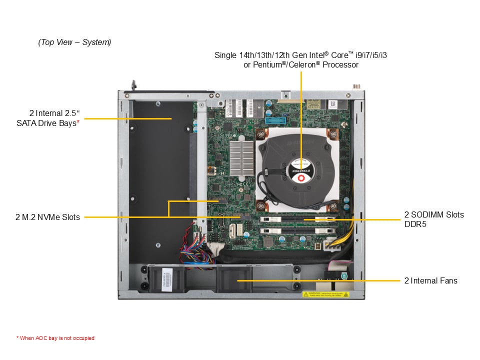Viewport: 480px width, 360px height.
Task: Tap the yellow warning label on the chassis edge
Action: click(324, 294)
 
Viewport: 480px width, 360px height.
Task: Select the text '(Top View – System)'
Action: click(74, 42)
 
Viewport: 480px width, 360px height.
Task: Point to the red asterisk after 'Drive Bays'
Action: click(78, 122)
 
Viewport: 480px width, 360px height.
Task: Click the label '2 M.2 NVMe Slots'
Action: click(47, 217)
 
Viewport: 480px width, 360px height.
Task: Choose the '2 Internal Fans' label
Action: click(430, 280)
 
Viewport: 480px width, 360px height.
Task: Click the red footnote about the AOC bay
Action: click(55, 338)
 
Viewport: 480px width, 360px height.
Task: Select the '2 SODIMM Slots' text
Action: click(434, 215)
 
